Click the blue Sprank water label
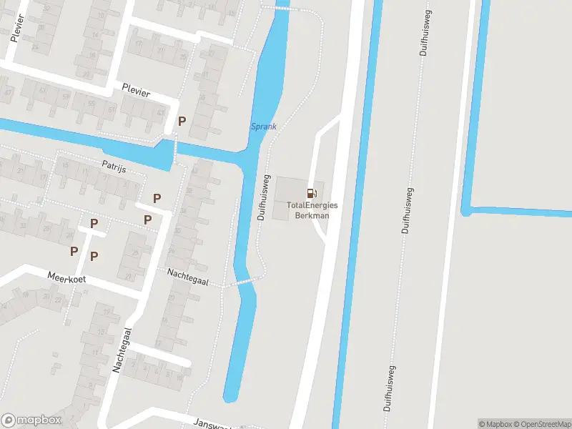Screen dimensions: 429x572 (263, 127)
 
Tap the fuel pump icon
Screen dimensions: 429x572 (311, 193)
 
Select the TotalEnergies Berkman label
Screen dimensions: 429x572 (312, 210)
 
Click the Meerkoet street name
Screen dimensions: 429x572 (66, 277)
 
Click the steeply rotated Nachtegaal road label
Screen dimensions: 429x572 (122, 350)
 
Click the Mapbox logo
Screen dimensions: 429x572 (31, 420)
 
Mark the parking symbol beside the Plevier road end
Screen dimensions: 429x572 (182, 121)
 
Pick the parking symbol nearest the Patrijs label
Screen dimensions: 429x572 (157, 198)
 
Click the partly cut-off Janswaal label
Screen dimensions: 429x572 (211, 423)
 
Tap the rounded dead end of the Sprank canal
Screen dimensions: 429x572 (231, 395)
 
